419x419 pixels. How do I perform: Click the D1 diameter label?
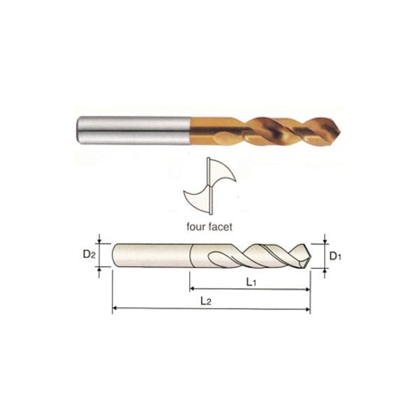click(x=335, y=256)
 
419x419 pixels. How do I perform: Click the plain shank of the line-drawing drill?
click(x=150, y=254)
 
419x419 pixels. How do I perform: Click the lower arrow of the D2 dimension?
click(x=100, y=267)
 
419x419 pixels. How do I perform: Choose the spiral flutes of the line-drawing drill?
click(x=258, y=255)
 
